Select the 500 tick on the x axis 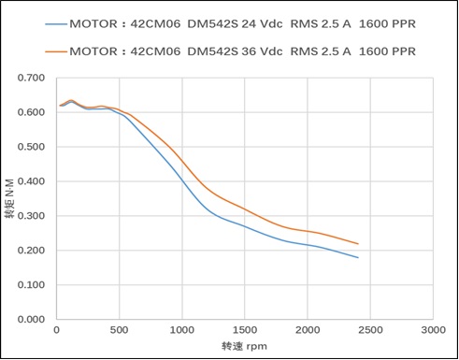coord(119,331)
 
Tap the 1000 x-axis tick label coord(181,331)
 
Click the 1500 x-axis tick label coord(244,331)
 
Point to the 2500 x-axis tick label coord(369,331)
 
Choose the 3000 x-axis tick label coord(432,331)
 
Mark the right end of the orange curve coord(358,244)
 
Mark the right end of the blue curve coord(358,257)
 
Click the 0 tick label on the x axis coord(56,331)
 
